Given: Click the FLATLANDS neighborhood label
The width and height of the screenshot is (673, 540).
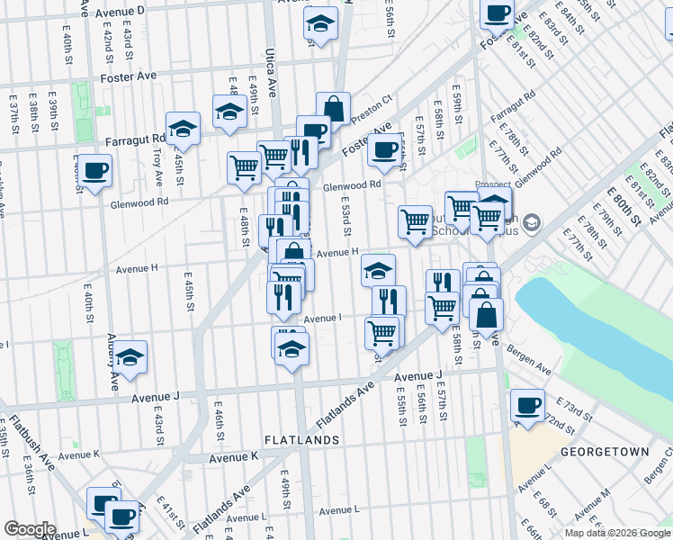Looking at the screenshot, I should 302,440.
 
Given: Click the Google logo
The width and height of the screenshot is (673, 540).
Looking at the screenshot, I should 30,528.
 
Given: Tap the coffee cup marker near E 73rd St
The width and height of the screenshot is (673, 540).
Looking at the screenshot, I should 527,404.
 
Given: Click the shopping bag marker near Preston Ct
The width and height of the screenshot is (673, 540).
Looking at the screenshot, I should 334,108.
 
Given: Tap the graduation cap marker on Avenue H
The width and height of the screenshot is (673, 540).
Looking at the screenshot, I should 378,268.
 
